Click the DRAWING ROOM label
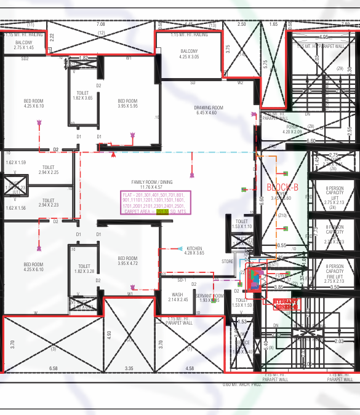coord(209,108)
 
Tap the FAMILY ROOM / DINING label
coord(156,183)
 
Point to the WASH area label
coord(177,294)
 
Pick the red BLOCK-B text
coord(282,186)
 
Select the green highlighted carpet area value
coord(162,211)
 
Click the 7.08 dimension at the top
coord(101,24)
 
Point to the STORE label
coord(228,261)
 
